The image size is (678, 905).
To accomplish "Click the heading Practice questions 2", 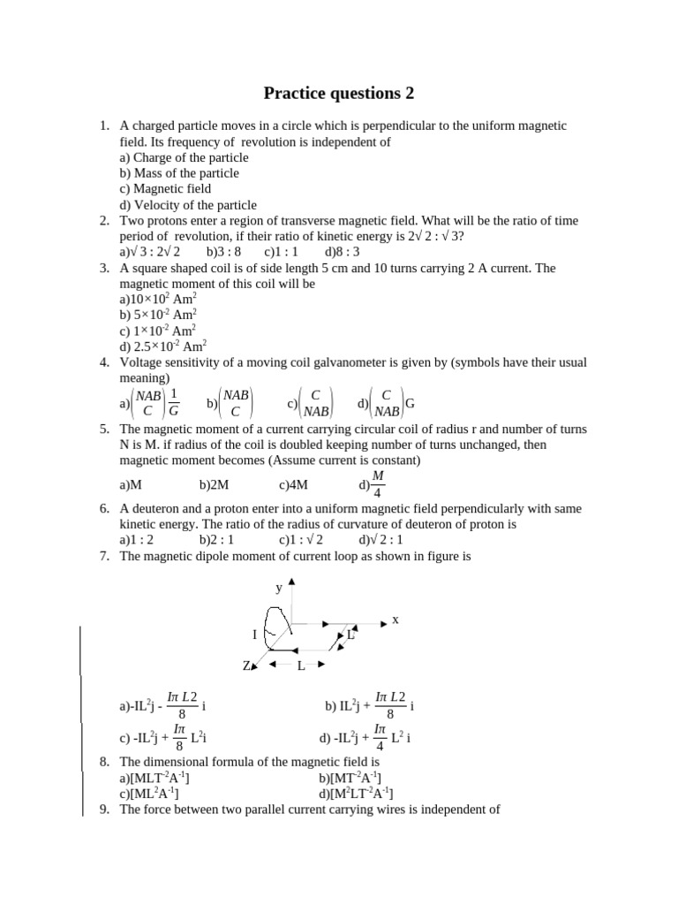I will pyautogui.click(x=339, y=93).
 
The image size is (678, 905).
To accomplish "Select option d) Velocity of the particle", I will pyautogui.click(x=188, y=204).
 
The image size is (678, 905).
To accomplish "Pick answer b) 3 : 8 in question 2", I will pyautogui.click(x=223, y=252).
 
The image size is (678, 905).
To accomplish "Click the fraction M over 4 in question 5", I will pyautogui.click(x=378, y=483).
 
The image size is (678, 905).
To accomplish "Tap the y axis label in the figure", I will pyautogui.click(x=278, y=587).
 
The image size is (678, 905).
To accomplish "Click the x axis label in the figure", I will pyautogui.click(x=395, y=620).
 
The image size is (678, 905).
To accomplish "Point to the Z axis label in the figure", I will pyautogui.click(x=247, y=665).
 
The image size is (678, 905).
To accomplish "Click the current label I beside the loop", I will pyautogui.click(x=254, y=635).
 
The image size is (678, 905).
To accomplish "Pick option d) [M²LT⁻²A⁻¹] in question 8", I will pyautogui.click(x=356, y=793).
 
